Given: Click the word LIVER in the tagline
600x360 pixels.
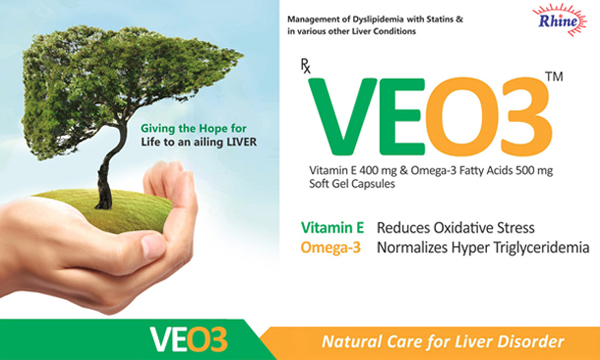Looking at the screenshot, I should click(240, 141).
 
